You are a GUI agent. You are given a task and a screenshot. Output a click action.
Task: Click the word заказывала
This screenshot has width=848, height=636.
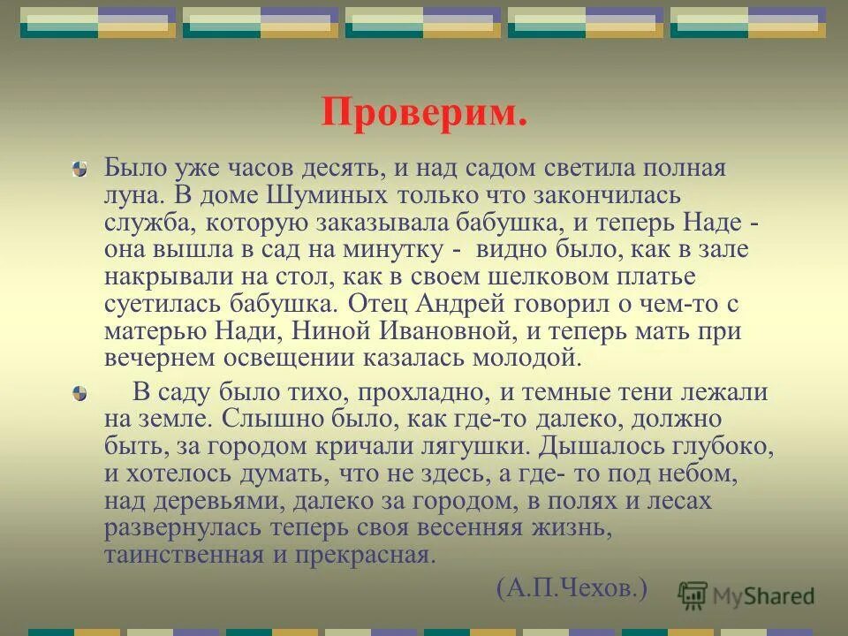pyautogui.click(x=369, y=222)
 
